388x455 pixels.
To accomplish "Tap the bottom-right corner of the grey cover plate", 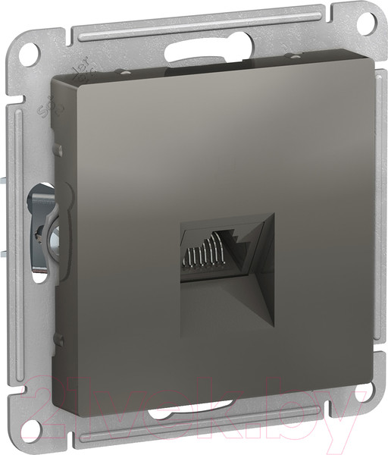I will (x=371, y=386).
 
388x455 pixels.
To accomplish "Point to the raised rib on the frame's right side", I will (x=378, y=227).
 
